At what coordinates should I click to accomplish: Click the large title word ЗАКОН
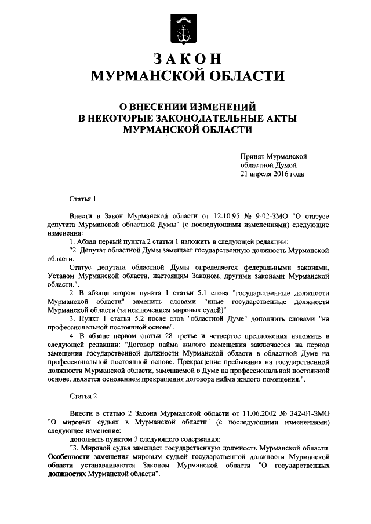tap(185, 59)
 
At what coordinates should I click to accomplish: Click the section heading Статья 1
tap(82, 200)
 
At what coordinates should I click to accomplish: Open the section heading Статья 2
tap(82, 398)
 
